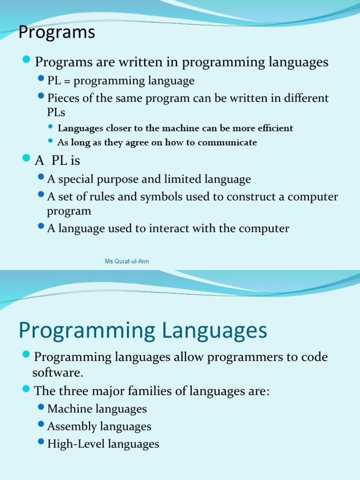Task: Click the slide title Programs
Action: click(56, 33)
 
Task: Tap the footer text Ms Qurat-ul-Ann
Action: click(127, 261)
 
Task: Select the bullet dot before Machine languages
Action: click(41, 407)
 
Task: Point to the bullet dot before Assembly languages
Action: click(41, 425)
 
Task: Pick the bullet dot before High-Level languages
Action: click(41, 442)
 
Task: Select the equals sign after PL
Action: click(66, 81)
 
